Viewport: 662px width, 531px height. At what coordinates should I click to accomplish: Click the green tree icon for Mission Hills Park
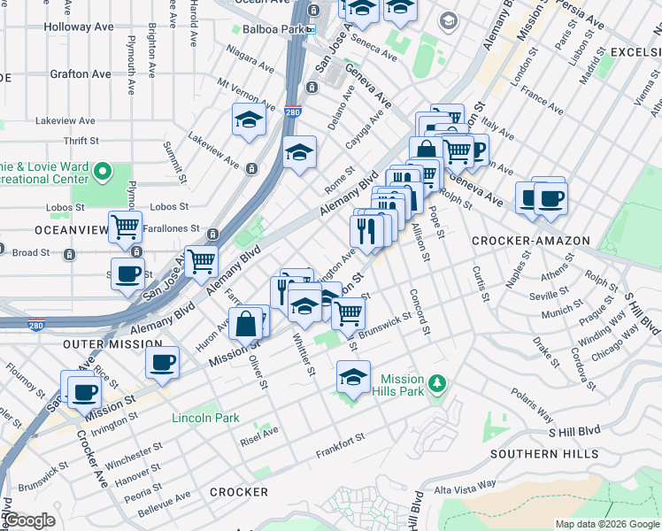[435, 384]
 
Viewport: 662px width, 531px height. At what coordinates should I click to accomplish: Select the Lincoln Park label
[205, 418]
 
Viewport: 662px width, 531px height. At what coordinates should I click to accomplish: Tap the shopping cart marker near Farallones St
[126, 227]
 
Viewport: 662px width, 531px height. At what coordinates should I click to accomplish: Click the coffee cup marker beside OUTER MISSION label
[163, 362]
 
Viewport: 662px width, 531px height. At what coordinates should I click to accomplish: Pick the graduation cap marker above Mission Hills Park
[353, 377]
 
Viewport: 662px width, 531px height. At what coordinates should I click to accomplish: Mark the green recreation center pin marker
[103, 171]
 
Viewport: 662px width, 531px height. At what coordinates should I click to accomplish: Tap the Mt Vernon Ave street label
[246, 89]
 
